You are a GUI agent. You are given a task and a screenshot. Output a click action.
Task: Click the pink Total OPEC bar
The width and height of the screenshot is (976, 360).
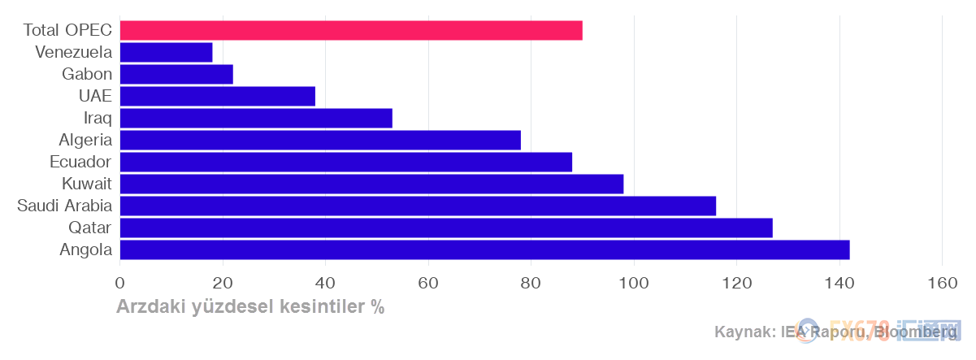351,30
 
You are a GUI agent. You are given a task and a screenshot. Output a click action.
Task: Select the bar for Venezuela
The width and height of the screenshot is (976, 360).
166,52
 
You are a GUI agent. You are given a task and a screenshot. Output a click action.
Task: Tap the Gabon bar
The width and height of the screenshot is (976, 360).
176,74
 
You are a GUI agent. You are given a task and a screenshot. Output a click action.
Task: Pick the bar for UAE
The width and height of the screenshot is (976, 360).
217,96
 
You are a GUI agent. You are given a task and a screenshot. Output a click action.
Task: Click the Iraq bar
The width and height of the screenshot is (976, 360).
256,118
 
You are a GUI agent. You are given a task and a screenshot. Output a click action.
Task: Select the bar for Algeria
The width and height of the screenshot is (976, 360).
320,140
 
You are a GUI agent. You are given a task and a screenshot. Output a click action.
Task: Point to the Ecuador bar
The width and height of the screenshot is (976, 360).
345,162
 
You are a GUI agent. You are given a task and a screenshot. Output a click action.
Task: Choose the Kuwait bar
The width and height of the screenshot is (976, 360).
371,184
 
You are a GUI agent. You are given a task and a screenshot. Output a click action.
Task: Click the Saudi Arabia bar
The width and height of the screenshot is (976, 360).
418,206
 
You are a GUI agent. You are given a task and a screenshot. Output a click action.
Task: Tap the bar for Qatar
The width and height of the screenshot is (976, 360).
446,228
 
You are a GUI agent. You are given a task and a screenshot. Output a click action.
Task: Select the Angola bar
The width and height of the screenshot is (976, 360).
484,249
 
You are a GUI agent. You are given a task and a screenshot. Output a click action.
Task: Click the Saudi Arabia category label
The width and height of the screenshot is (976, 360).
65,206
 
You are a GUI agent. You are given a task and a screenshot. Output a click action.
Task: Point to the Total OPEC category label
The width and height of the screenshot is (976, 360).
67,30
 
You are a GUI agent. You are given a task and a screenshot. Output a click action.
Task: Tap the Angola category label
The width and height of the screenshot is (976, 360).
85,249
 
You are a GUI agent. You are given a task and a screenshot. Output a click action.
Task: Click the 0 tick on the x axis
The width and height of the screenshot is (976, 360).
120,283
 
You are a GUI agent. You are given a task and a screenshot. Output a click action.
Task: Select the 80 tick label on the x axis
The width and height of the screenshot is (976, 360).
531,283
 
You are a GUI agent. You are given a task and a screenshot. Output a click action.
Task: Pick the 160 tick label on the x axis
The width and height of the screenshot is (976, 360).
942,283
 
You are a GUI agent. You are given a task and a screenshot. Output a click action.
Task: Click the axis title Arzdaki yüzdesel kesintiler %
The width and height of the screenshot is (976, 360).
250,307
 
